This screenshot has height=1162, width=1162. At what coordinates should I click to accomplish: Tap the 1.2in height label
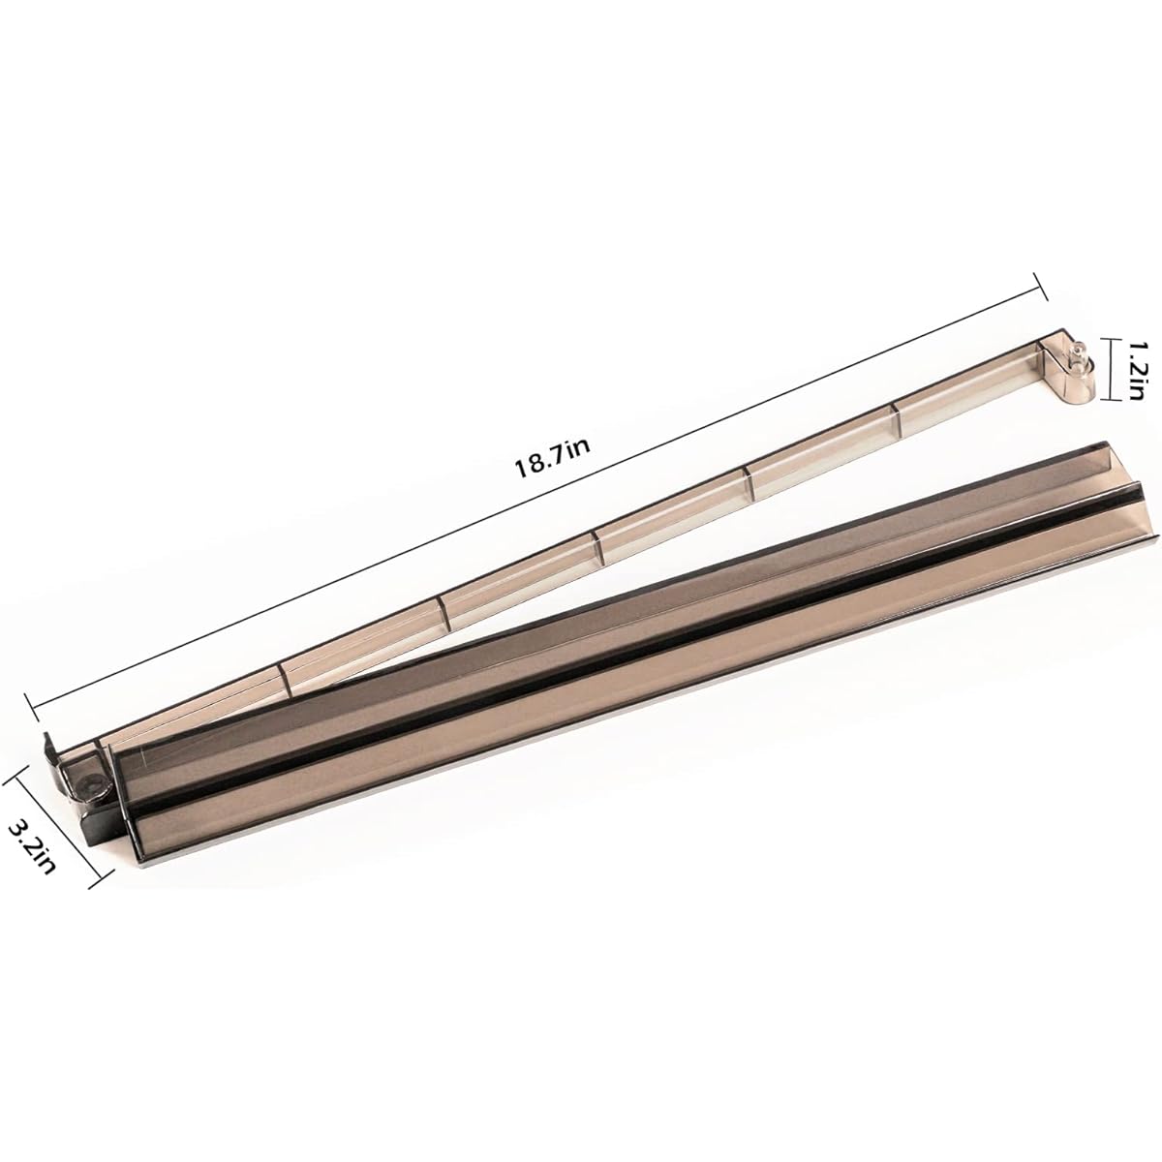coord(1135,371)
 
